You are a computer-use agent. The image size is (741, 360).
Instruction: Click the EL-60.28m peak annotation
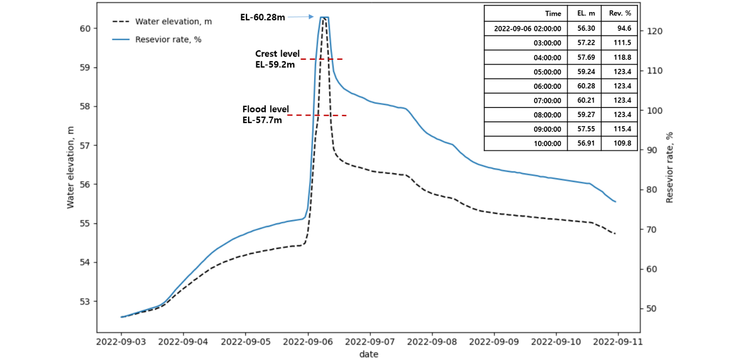click(262, 17)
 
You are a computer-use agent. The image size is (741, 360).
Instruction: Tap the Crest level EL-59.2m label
click(277, 59)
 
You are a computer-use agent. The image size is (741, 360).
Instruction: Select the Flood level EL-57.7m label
click(265, 114)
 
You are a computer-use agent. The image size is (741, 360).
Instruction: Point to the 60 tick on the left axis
click(85, 29)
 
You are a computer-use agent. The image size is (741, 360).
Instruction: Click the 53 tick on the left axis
click(85, 302)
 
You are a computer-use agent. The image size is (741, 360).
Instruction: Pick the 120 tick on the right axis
click(655, 31)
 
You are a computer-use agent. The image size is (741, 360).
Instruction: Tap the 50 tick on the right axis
click(652, 309)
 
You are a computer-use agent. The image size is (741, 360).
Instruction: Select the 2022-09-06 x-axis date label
click(308, 342)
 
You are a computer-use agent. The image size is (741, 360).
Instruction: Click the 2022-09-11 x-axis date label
click(618, 342)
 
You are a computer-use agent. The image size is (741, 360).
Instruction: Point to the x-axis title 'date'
click(369, 354)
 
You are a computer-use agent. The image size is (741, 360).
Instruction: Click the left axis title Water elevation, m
click(70, 167)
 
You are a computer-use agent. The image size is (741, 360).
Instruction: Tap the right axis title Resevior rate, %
click(669, 167)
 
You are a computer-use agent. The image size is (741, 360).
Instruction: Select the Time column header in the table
click(553, 14)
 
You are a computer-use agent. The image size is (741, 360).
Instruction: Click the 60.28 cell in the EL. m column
click(586, 86)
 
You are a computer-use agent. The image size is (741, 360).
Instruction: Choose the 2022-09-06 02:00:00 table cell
click(527, 29)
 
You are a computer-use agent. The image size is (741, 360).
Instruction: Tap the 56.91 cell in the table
click(586, 143)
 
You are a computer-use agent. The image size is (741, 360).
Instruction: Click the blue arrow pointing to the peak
click(300, 17)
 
